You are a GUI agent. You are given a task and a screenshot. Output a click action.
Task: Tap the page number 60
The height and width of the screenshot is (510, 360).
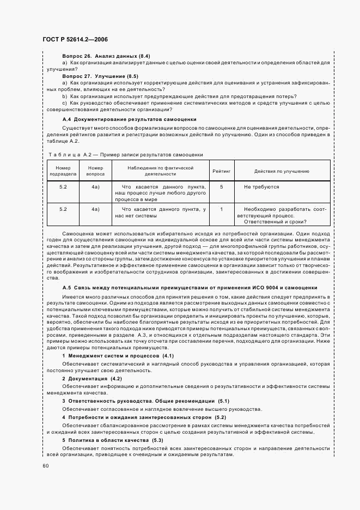45,465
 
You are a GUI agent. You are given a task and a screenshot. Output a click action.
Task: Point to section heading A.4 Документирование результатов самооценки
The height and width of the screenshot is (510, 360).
129,119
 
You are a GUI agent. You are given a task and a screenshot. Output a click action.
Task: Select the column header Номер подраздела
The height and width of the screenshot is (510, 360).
64,171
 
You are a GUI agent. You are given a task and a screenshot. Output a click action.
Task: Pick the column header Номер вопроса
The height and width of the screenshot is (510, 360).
95,171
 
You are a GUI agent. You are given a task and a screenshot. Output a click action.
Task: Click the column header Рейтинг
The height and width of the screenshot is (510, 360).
221,171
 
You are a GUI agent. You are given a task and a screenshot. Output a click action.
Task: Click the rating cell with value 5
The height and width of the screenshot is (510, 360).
221,187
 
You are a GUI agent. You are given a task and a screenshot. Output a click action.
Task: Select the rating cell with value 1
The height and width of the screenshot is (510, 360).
221,209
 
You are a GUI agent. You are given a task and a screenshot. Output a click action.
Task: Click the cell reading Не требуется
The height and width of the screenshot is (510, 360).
261,187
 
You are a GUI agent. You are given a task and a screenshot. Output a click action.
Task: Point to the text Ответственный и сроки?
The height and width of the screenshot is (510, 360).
275,221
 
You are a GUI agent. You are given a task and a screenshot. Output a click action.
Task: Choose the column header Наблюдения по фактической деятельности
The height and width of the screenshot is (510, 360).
160,171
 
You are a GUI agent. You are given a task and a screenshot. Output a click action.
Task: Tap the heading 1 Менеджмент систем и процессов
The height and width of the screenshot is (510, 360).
117,356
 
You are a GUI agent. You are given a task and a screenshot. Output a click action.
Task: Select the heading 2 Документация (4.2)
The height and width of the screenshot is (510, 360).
91,378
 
